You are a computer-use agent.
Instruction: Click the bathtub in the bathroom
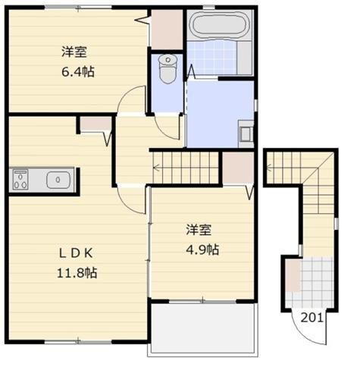pos(218,26)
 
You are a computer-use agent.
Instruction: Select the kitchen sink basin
pos(58,180)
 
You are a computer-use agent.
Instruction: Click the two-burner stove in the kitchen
pos(20,180)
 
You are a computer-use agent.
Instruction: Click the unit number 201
pos(312,318)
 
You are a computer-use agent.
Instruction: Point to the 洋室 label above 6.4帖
pos(75,52)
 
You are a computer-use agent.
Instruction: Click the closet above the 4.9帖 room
pos(237,168)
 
